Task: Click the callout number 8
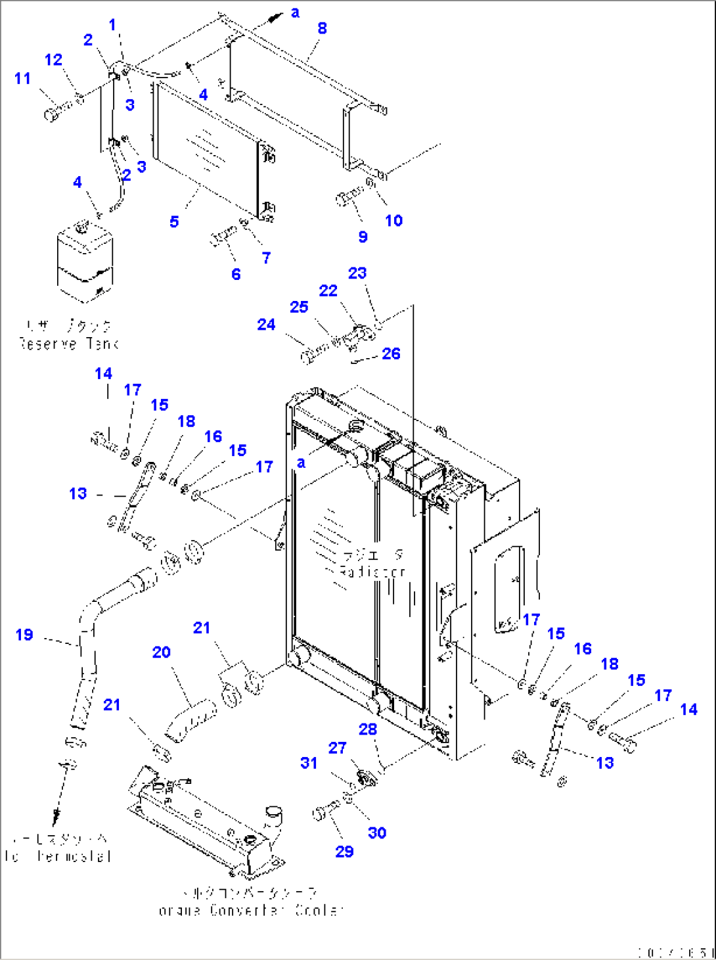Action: coord(322,28)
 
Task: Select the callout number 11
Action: coord(22,79)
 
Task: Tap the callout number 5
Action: coord(174,222)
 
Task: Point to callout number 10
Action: coord(393,221)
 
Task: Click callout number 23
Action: coord(357,273)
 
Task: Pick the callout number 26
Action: coord(391,354)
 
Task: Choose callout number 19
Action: coord(24,635)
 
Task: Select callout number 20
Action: coord(162,652)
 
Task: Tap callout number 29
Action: coord(344,852)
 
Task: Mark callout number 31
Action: coord(309,763)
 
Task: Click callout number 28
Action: coord(368,729)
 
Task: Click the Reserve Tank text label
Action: coord(68,344)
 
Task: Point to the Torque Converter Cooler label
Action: coord(251,911)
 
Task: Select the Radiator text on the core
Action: coord(372,572)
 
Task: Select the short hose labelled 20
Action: coord(190,720)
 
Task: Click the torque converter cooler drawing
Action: coord(207,825)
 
